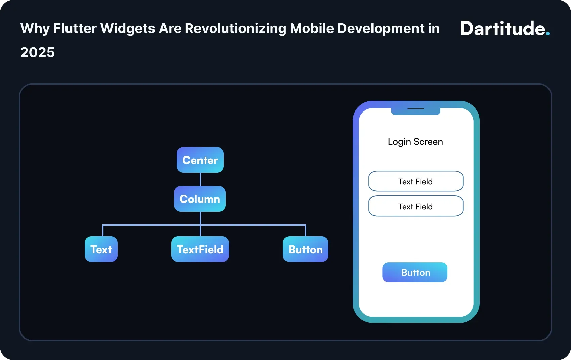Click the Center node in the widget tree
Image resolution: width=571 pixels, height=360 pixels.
coord(200,160)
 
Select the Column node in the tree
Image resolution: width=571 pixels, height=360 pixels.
coord(200,199)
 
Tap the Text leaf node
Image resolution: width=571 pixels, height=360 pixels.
coord(101,249)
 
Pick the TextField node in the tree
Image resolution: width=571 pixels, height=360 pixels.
coord(200,249)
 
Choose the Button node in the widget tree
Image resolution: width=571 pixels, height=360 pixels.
coord(306,249)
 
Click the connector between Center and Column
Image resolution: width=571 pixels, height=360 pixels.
coord(200,179)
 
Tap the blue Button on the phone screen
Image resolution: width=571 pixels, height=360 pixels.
coord(415,272)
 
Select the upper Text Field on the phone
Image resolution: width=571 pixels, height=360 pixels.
coord(416,181)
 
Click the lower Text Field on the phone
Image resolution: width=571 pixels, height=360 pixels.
coord(416,206)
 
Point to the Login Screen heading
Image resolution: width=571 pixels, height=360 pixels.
coord(415,142)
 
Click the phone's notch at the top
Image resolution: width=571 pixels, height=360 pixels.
coord(416,111)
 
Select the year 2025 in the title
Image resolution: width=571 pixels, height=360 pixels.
coord(38,52)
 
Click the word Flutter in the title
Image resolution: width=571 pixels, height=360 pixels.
coord(75,29)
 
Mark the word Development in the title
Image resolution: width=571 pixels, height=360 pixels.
coord(381,29)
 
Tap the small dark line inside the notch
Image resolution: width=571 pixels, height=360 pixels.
coord(416,109)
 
